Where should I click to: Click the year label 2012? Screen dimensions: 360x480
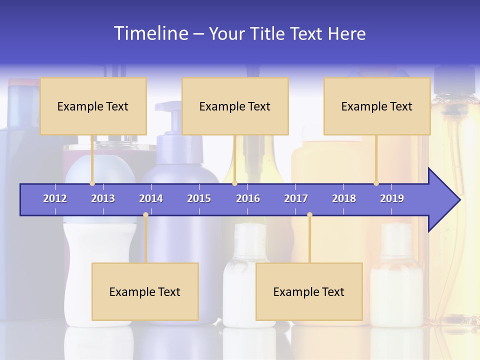pos(55,198)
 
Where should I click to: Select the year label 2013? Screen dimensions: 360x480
pos(103,198)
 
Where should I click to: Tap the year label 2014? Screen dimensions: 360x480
pos(151,198)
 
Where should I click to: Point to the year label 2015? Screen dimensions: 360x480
pos(199,198)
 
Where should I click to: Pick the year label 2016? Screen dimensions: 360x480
pos(248,198)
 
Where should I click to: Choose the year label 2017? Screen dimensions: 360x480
pos(296,198)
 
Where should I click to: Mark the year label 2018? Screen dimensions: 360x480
pos(344,198)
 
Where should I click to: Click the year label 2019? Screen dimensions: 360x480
pos(392,198)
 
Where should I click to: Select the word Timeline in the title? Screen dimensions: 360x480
pos(150,33)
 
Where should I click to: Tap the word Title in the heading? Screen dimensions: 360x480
pos(270,33)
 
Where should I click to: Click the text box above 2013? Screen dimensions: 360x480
pos(93,106)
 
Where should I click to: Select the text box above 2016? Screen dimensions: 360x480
pos(235,106)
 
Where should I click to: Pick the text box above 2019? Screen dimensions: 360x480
pos(377,106)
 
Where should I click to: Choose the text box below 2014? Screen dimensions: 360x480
pos(145,291)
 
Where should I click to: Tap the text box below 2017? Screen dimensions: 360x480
pos(309,291)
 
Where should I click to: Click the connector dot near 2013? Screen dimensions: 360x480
pos(92,183)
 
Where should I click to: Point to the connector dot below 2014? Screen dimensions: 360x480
pos(145,215)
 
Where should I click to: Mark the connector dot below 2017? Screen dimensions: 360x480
pos(309,215)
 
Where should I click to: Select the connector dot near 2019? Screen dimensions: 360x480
pos(376,183)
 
